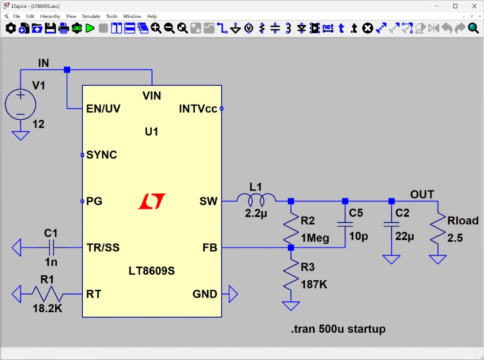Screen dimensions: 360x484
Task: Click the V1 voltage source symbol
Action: pos(20,103)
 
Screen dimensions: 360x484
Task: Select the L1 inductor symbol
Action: pos(256,200)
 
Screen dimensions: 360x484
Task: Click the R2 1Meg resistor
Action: pos(291,224)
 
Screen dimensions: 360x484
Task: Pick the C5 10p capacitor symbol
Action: pos(345,224)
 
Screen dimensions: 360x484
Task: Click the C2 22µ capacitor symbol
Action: pos(391,224)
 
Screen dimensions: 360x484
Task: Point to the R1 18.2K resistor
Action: pos(47,294)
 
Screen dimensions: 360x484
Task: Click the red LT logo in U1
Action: pos(152,201)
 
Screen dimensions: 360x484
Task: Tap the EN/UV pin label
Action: pos(103,109)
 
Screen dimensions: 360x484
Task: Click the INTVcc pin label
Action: pos(198,109)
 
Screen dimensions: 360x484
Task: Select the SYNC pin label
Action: pos(102,155)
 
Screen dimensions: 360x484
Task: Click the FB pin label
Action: pos(210,247)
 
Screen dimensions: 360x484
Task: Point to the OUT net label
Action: pos(422,194)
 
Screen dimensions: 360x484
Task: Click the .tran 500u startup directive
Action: pos(338,329)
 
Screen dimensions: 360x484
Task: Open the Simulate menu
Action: pos(91,16)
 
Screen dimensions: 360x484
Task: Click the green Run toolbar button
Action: pos(90,28)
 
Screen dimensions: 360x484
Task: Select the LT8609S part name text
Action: pos(152,271)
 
